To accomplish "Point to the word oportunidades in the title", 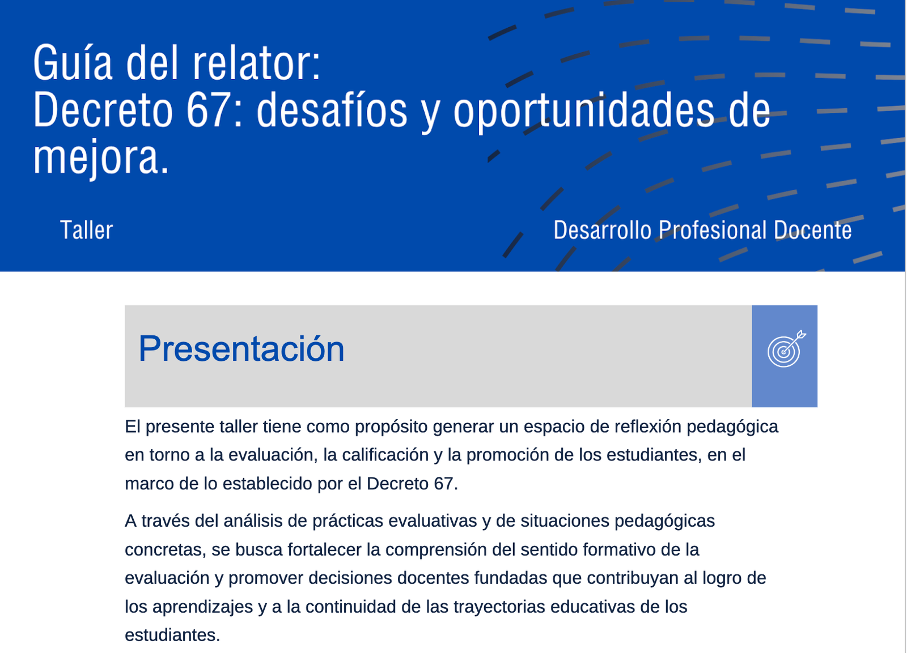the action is pos(583,113).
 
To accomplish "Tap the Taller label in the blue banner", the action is pos(87,230).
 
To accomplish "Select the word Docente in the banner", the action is pos(813,230).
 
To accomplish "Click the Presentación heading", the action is pos(241,349).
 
